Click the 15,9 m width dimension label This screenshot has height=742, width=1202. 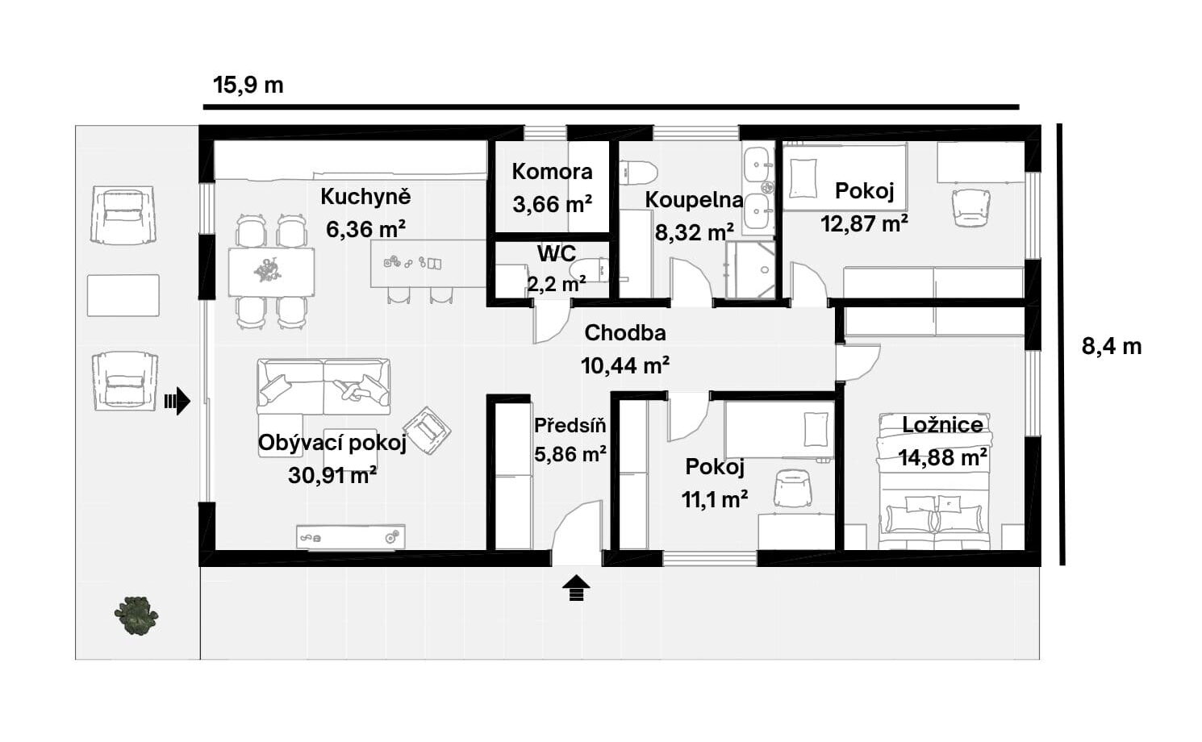[x=248, y=85]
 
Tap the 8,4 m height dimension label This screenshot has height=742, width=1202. [x=1112, y=347]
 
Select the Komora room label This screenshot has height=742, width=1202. [x=552, y=172]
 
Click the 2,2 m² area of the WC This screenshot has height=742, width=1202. [x=557, y=284]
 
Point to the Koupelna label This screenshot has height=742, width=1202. [x=695, y=199]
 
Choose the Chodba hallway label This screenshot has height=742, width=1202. [x=625, y=332]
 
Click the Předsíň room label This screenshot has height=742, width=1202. [x=570, y=426]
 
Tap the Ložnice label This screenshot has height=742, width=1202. [x=942, y=424]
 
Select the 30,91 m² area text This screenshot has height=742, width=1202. [x=332, y=475]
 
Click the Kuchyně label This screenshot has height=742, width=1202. [x=365, y=197]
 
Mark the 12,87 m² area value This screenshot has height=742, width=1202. [x=864, y=223]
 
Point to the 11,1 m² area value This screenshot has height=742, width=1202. [x=715, y=499]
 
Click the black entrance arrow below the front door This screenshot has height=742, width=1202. [x=576, y=588]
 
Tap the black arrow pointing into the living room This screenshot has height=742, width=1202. [x=177, y=402]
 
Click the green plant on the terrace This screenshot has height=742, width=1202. [x=136, y=615]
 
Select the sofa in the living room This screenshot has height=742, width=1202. [x=323, y=387]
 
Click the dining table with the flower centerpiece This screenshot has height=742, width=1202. [x=271, y=272]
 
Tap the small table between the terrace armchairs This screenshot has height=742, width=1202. [x=123, y=296]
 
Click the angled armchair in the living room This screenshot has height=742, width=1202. [x=427, y=431]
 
